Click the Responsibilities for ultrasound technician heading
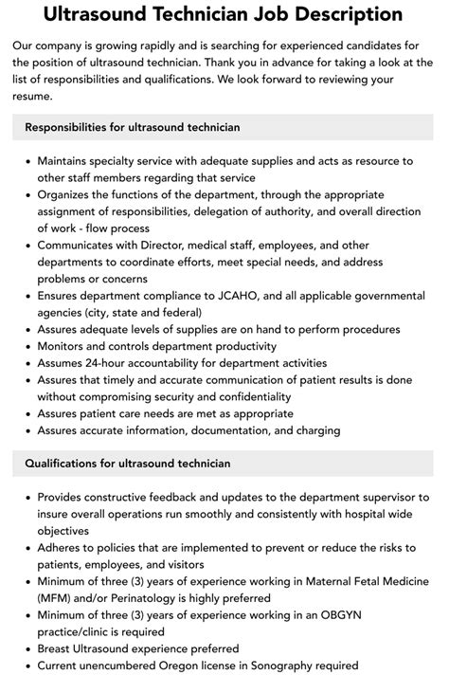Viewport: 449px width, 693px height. click(133, 127)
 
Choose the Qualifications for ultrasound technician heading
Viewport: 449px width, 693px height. click(128, 464)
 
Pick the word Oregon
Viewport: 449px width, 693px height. click(189, 666)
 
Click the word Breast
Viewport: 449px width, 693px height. click(56, 649)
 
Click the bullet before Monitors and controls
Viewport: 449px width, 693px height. click(26, 346)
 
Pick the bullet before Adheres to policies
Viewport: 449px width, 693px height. click(26, 547)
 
